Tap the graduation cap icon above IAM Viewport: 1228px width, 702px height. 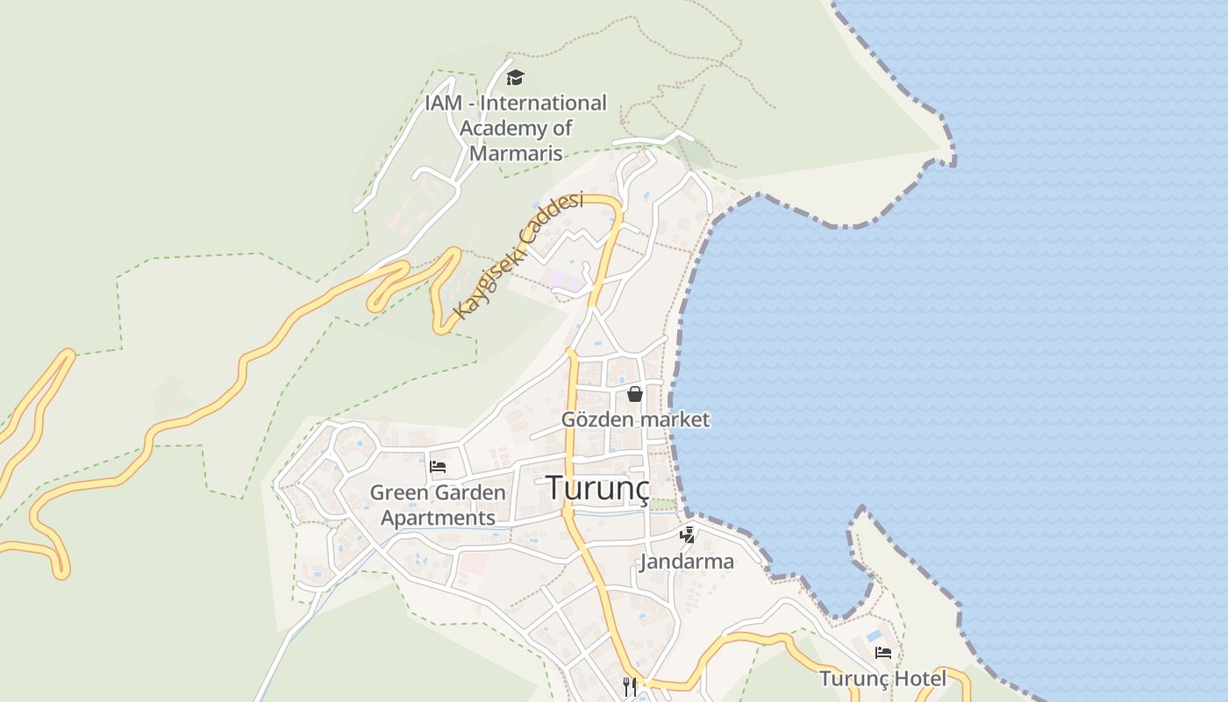pos(516,78)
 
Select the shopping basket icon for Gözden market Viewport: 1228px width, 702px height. pos(635,394)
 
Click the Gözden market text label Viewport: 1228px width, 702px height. pos(635,419)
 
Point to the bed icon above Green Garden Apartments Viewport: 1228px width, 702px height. pos(438,466)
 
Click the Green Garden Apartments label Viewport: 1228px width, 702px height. pos(438,505)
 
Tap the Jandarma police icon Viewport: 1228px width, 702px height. pos(687,534)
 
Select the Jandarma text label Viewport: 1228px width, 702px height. pos(687,562)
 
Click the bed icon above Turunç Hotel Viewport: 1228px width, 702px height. pos(882,653)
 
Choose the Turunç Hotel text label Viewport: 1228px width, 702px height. pos(883,678)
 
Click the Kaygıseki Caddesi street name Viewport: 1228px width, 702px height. pos(518,256)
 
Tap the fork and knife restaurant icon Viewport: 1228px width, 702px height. pos(629,686)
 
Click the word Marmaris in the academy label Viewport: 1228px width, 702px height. pos(516,153)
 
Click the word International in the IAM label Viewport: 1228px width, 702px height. pos(544,104)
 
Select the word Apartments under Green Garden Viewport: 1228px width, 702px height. pos(438,518)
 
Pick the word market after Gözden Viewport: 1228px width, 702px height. pos(675,419)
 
